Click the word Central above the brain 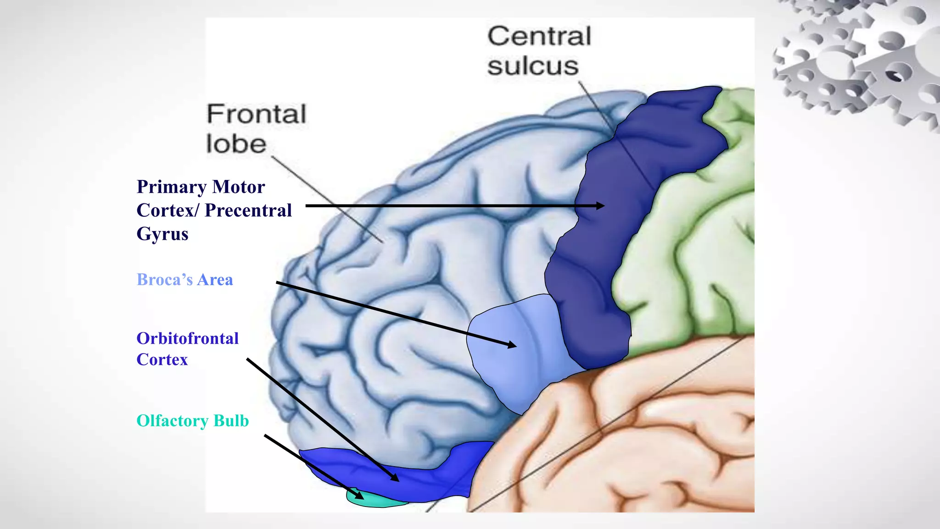[x=539, y=37]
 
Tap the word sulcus [x=533, y=66]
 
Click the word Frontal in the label [x=256, y=114]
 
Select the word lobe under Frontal [x=236, y=144]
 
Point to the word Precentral [x=248, y=210]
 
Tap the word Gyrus [x=162, y=234]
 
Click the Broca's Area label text [x=185, y=280]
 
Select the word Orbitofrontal [x=188, y=338]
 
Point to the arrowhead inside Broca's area [x=511, y=344]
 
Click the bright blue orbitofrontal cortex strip [x=441, y=482]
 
